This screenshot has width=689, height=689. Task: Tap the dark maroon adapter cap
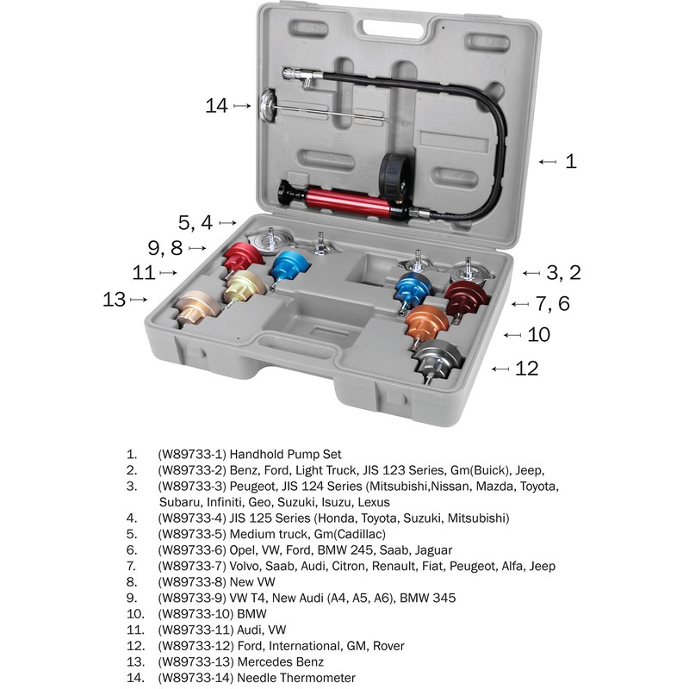pyautogui.click(x=467, y=297)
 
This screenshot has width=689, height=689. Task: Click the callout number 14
pyautogui.click(x=216, y=106)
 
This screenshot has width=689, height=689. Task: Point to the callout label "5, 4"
pyautogui.click(x=195, y=221)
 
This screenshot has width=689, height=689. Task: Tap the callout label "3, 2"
pyautogui.click(x=564, y=273)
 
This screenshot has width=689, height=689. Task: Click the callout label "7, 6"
pyautogui.click(x=552, y=303)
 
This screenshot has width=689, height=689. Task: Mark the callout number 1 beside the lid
pyautogui.click(x=571, y=161)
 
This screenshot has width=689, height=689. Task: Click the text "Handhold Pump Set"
pyautogui.click(x=286, y=454)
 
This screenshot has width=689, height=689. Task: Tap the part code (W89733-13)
pyautogui.click(x=196, y=661)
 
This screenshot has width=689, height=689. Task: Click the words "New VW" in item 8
pyautogui.click(x=254, y=581)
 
